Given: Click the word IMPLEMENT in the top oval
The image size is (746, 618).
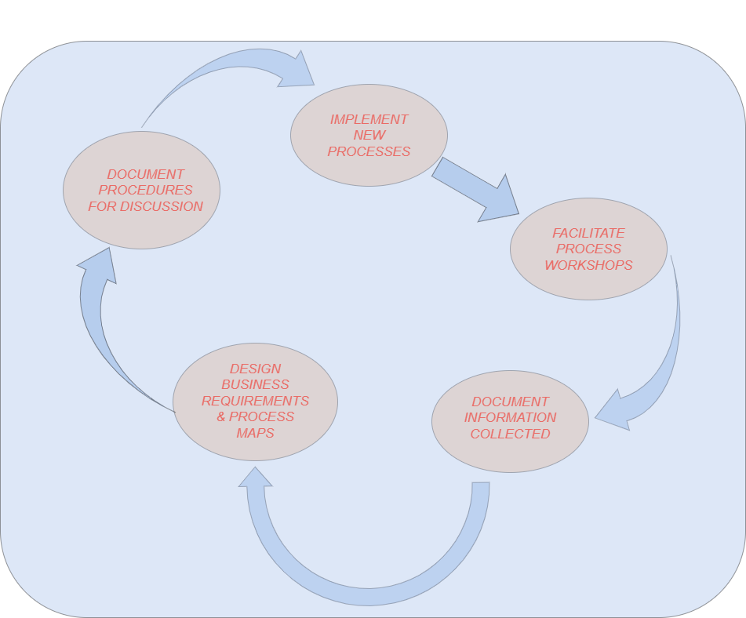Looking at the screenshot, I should (x=369, y=119).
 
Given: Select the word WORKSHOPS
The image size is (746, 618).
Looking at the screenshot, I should (x=588, y=265).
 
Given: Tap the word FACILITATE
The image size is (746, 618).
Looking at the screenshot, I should (x=588, y=233).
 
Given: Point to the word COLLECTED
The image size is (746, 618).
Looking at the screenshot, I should (x=510, y=434).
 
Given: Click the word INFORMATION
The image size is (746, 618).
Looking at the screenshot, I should (x=510, y=417).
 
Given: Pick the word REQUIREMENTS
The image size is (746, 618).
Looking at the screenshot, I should (x=255, y=401).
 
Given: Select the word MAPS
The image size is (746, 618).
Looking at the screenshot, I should (x=255, y=433).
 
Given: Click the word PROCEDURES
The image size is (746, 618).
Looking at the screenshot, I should (x=145, y=190).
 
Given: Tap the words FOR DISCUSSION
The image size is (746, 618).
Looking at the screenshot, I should (x=145, y=206).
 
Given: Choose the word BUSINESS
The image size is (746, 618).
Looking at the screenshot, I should (x=255, y=384).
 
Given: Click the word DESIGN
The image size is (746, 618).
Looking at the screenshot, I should (x=255, y=369).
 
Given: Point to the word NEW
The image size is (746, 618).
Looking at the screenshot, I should (x=369, y=135).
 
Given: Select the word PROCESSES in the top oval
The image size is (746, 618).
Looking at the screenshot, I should (x=369, y=151).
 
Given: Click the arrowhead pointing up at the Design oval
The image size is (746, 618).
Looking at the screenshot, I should (x=256, y=477).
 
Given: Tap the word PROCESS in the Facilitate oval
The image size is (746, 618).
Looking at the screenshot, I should (x=588, y=249).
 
